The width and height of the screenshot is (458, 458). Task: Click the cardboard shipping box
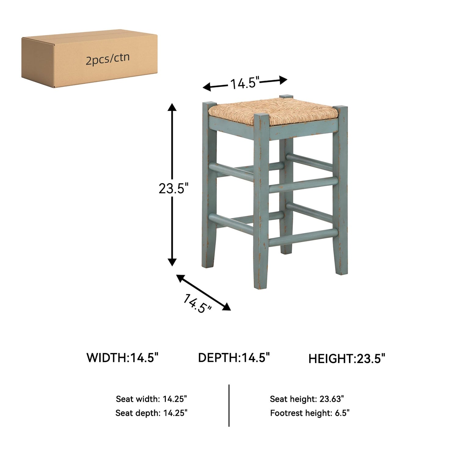[x=89, y=59]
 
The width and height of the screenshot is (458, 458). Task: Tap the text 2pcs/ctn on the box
[x=107, y=58]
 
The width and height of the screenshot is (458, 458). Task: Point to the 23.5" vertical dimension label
[x=172, y=188]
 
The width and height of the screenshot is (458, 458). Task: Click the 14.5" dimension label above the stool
[x=245, y=83]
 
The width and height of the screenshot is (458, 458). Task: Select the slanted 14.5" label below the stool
[x=197, y=303]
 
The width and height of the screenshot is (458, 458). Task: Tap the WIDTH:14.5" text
[x=123, y=358]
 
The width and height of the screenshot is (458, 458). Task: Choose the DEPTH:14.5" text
[x=234, y=358]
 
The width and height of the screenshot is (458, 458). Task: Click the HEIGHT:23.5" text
[x=347, y=358]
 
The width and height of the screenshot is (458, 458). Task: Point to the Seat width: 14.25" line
[x=151, y=399]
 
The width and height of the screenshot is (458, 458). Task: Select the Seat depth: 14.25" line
[x=151, y=413]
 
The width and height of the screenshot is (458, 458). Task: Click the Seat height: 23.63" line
[x=307, y=399]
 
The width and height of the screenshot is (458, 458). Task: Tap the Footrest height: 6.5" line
[x=310, y=413]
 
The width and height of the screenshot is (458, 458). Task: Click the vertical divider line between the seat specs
[x=229, y=405]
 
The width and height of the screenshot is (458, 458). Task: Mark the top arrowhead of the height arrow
[x=172, y=107]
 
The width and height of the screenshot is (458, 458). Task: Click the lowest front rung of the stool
[x=303, y=237]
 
